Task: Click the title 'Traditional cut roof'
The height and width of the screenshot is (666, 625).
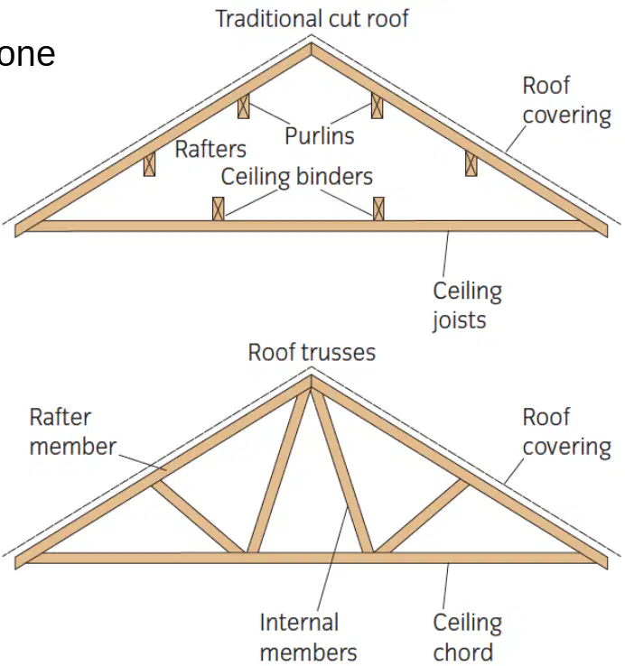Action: click(x=312, y=19)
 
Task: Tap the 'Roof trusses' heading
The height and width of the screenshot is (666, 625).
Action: click(x=312, y=353)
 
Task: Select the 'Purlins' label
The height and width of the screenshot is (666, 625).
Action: click(x=320, y=136)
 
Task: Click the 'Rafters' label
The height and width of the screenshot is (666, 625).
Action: click(x=210, y=149)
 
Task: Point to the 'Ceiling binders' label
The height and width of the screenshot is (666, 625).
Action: click(x=297, y=176)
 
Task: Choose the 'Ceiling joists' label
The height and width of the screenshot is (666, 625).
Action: click(x=467, y=306)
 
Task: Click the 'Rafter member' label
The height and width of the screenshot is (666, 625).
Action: click(x=72, y=432)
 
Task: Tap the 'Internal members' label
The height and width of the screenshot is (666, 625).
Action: click(x=308, y=637)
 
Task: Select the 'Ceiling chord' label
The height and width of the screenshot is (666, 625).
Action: click(x=467, y=637)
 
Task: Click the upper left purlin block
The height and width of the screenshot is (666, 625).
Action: click(x=244, y=106)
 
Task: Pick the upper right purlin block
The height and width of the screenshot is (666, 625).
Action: click(x=378, y=106)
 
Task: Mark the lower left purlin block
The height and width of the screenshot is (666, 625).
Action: click(x=149, y=164)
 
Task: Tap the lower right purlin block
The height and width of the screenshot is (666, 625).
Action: click(x=471, y=163)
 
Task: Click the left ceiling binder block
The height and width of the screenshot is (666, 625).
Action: click(x=218, y=208)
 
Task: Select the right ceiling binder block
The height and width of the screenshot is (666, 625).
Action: click(x=378, y=208)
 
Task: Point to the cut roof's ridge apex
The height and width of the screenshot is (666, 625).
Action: click(x=312, y=43)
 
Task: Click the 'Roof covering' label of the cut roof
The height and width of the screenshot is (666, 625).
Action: click(x=567, y=101)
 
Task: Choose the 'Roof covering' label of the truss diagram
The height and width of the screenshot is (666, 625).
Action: click(x=567, y=432)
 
